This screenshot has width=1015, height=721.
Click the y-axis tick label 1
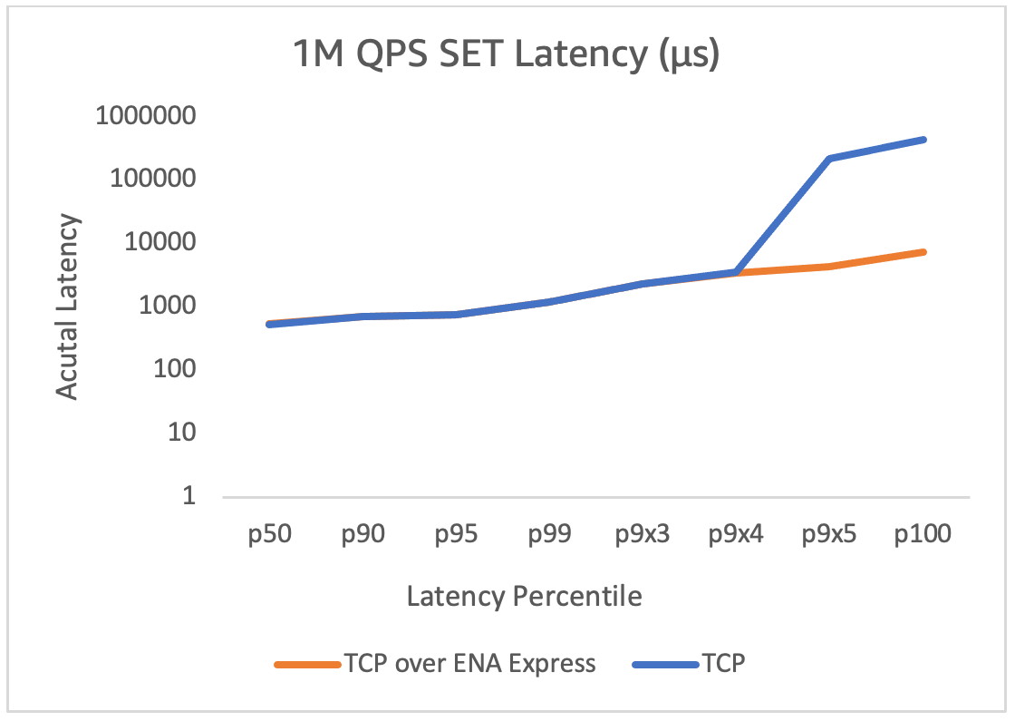(x=190, y=496)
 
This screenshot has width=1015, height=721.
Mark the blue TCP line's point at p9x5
(x=830, y=159)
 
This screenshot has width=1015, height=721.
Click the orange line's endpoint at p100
(x=923, y=251)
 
